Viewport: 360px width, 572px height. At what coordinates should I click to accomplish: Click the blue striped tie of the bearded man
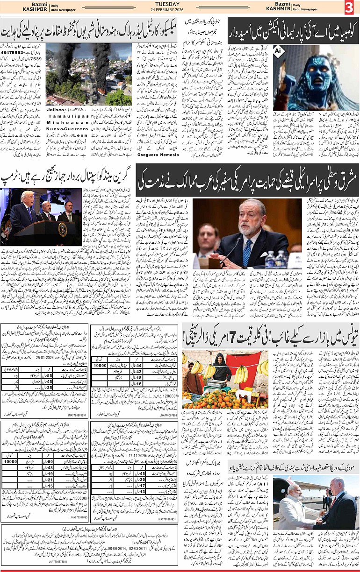pyautogui.click(x=247, y=252)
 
